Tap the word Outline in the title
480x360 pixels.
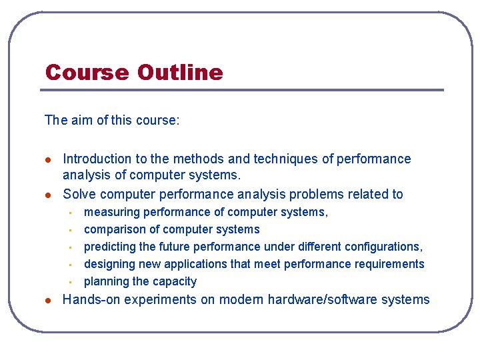(x=179, y=72)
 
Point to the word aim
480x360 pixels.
(x=79, y=120)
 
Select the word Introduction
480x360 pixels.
(x=97, y=159)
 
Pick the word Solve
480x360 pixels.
(x=79, y=194)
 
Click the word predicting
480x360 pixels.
(x=110, y=247)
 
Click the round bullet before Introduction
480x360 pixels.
(x=47, y=159)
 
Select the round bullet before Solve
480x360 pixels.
(x=47, y=195)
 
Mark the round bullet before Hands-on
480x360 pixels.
(x=47, y=300)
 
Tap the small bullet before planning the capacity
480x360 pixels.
(x=69, y=282)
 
